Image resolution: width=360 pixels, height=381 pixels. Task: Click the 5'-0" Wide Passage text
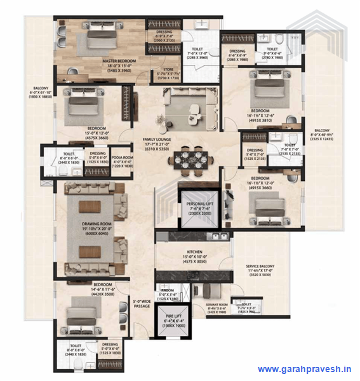click(x=142, y=304)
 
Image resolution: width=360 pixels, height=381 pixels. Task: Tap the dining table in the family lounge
click(x=191, y=156)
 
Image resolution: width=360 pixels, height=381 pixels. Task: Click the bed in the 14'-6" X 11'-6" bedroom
click(x=81, y=314)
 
